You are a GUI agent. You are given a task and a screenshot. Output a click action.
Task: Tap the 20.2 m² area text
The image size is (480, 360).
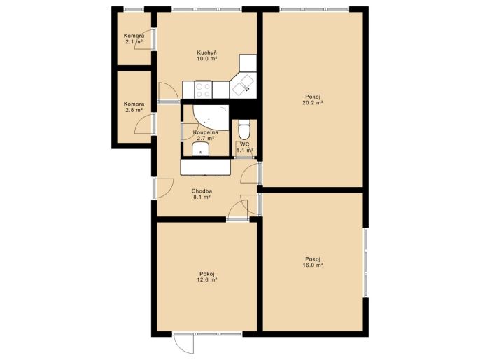click(x=313, y=103)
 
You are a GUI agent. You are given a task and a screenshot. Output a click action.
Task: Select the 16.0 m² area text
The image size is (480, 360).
click(x=313, y=265)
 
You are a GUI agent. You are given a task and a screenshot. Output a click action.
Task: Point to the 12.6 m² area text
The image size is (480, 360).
click(x=207, y=279)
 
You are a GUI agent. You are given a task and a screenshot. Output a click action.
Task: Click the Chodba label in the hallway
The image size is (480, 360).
click(x=202, y=191)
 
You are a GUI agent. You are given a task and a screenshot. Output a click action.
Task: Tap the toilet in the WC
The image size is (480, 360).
click(x=244, y=130)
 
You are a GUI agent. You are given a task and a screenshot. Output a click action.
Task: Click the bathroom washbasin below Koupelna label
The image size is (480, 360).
click(x=201, y=149)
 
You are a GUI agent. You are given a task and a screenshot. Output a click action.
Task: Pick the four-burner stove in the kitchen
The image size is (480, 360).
click(x=203, y=90)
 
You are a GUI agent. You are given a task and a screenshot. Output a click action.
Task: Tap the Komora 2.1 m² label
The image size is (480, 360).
click(x=134, y=39)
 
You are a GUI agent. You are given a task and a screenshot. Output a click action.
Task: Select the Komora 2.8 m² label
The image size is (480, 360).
click(x=134, y=106)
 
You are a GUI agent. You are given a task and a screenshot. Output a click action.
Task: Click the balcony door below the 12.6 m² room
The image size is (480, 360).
click(x=184, y=342)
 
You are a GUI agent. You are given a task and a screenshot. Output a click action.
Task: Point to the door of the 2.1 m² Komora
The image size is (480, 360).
click(x=146, y=39)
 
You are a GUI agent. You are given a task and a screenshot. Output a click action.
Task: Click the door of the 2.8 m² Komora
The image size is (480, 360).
click(x=146, y=123)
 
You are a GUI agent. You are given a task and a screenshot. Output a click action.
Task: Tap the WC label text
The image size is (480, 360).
click(x=245, y=144)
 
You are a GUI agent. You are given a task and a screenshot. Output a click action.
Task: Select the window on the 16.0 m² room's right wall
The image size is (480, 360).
click(x=365, y=262)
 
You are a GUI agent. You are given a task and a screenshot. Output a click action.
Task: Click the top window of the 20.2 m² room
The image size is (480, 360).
click(x=314, y=9)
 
